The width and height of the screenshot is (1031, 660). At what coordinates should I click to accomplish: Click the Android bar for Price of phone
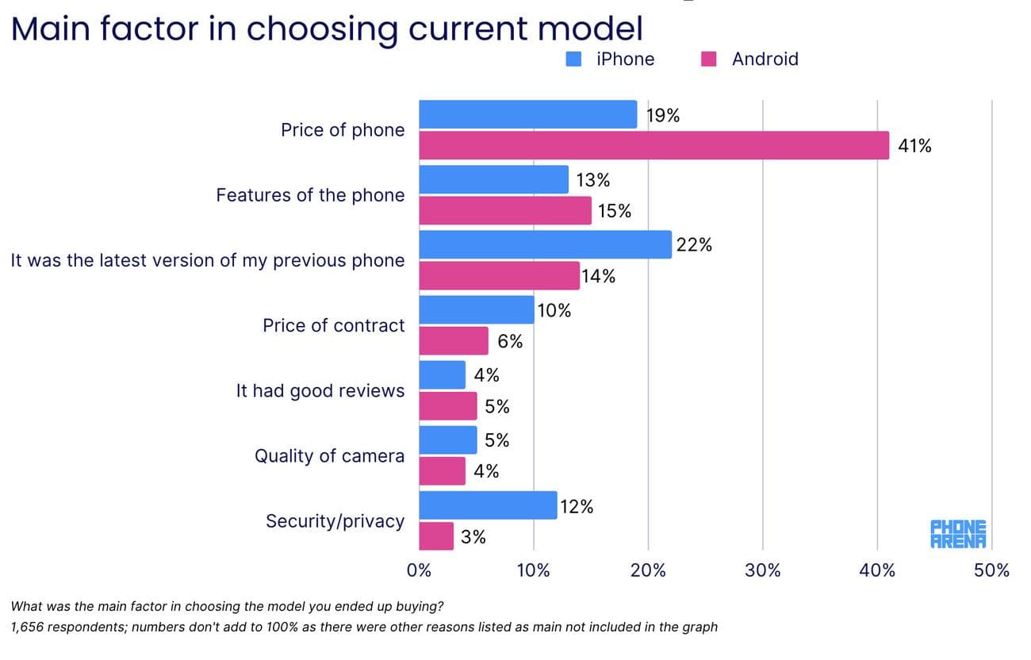click(653, 146)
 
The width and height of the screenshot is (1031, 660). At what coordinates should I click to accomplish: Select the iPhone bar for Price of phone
click(527, 114)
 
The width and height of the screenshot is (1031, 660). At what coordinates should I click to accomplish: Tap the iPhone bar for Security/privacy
click(488, 505)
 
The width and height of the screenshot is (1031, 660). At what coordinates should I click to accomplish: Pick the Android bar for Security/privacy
click(436, 536)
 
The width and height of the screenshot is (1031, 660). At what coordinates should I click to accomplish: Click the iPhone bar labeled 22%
click(545, 244)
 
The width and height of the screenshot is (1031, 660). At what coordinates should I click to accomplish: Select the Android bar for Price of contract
click(454, 341)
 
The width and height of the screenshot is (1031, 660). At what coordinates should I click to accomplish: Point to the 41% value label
click(914, 146)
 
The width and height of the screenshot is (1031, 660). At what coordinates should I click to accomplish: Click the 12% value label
click(577, 506)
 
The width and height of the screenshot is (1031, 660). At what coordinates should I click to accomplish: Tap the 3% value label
click(473, 537)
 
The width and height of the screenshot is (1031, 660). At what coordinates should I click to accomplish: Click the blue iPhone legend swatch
click(574, 59)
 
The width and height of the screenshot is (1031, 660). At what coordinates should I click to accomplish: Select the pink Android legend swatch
click(709, 59)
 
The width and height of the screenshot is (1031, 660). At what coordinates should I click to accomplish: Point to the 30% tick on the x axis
click(763, 570)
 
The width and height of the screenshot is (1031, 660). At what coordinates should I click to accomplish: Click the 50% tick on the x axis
click(992, 570)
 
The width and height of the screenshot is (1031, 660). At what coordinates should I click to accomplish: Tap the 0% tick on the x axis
click(419, 570)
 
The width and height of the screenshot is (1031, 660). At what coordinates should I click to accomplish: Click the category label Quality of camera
click(329, 456)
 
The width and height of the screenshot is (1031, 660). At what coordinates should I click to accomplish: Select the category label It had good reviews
click(320, 391)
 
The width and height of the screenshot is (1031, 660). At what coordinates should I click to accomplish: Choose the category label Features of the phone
click(310, 195)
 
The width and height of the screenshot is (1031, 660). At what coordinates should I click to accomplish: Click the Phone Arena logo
click(958, 534)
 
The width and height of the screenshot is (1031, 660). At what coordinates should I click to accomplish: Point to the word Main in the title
click(59, 29)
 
